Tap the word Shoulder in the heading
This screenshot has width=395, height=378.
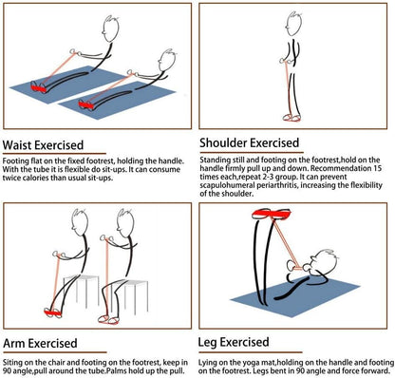click(x=232, y=143)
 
